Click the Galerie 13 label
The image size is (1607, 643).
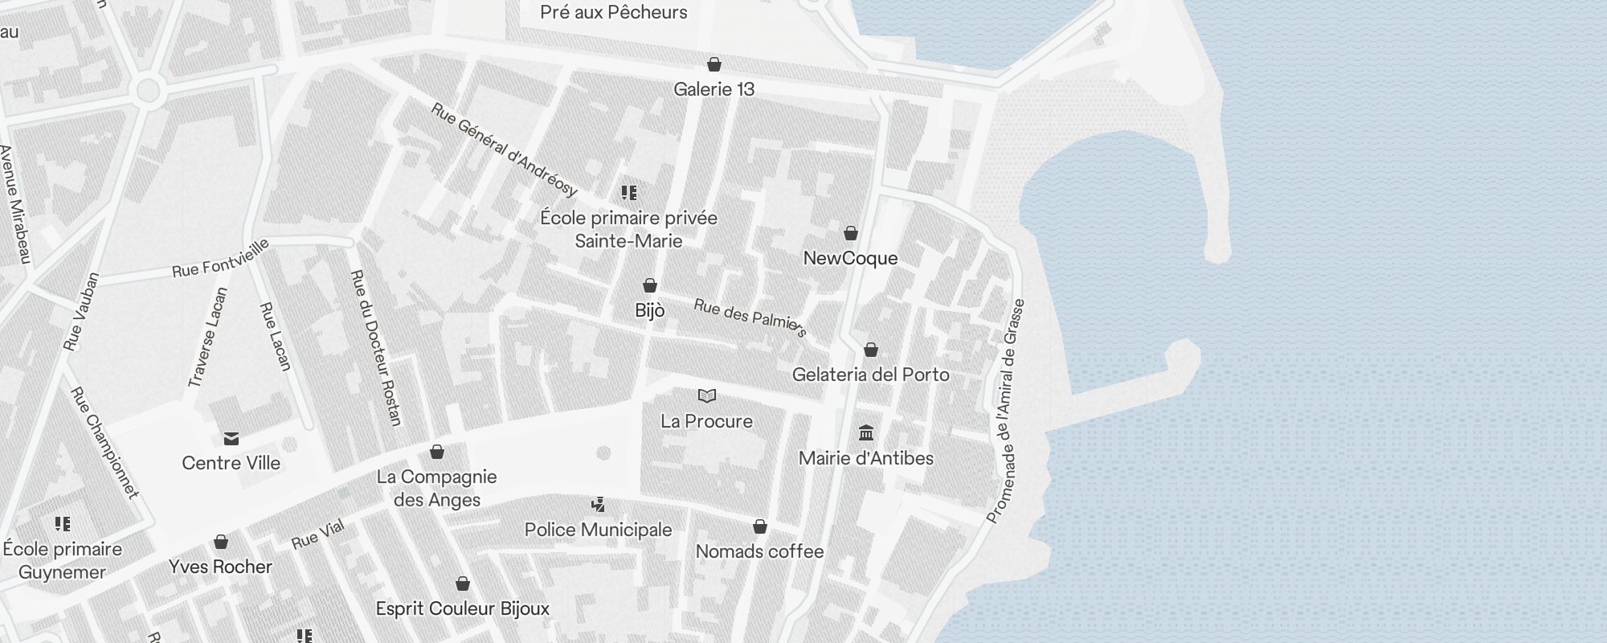[x=714, y=89]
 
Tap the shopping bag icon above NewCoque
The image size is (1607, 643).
[x=851, y=234]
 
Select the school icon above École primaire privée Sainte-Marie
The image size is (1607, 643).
[x=629, y=193]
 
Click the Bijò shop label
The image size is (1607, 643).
[x=649, y=310]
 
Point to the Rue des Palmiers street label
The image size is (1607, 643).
[x=750, y=317]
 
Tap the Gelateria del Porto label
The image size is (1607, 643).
[x=870, y=375]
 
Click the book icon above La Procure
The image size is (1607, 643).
[x=707, y=395]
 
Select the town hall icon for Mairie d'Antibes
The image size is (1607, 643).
[x=866, y=433]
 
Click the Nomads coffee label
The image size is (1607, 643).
[x=759, y=551]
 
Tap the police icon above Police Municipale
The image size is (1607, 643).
[x=598, y=505]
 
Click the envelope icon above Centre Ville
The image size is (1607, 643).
[x=231, y=438]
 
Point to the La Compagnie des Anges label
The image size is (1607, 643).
[x=437, y=488]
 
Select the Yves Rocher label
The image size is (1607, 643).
[x=221, y=567]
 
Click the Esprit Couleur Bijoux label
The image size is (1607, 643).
[x=463, y=608]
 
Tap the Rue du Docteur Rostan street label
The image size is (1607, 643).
[x=376, y=347]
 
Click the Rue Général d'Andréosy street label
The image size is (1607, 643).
[x=505, y=149]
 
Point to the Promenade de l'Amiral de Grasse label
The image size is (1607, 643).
[x=1005, y=412]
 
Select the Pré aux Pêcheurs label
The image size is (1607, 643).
[x=614, y=12]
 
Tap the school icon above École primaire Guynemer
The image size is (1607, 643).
[x=63, y=524]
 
